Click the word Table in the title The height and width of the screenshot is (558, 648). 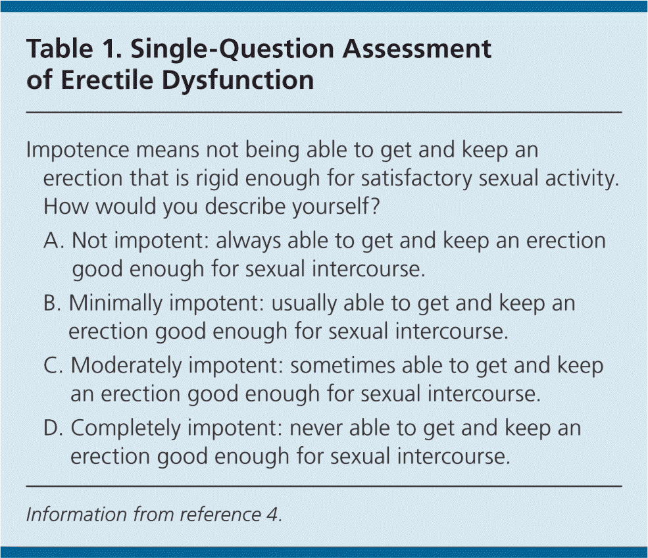59,48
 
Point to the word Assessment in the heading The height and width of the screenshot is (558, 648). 417,48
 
